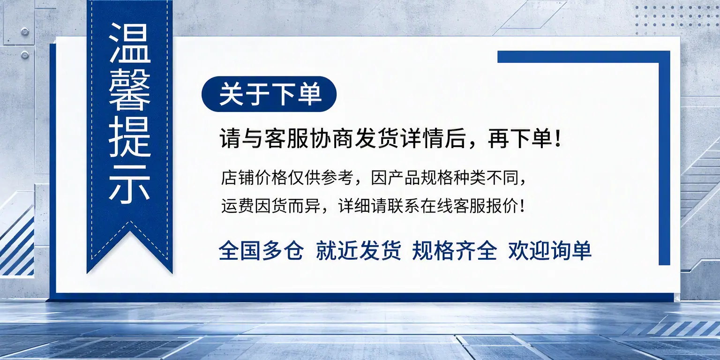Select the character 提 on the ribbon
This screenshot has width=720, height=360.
(130, 137)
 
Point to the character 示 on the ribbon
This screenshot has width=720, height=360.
(130, 184)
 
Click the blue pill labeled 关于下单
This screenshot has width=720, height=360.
(269, 94)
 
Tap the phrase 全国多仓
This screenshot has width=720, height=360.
(261, 251)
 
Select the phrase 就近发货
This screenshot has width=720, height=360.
(358, 251)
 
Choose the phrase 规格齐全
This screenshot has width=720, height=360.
(455, 251)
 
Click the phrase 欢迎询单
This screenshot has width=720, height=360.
(550, 251)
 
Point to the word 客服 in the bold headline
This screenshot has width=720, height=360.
(286, 139)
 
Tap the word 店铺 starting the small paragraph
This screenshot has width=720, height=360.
(238, 178)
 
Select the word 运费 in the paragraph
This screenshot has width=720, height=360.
(238, 206)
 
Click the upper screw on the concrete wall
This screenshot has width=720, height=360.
(25, 32)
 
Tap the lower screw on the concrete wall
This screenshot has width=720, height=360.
(25, 55)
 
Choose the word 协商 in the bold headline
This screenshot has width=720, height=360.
(332, 139)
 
